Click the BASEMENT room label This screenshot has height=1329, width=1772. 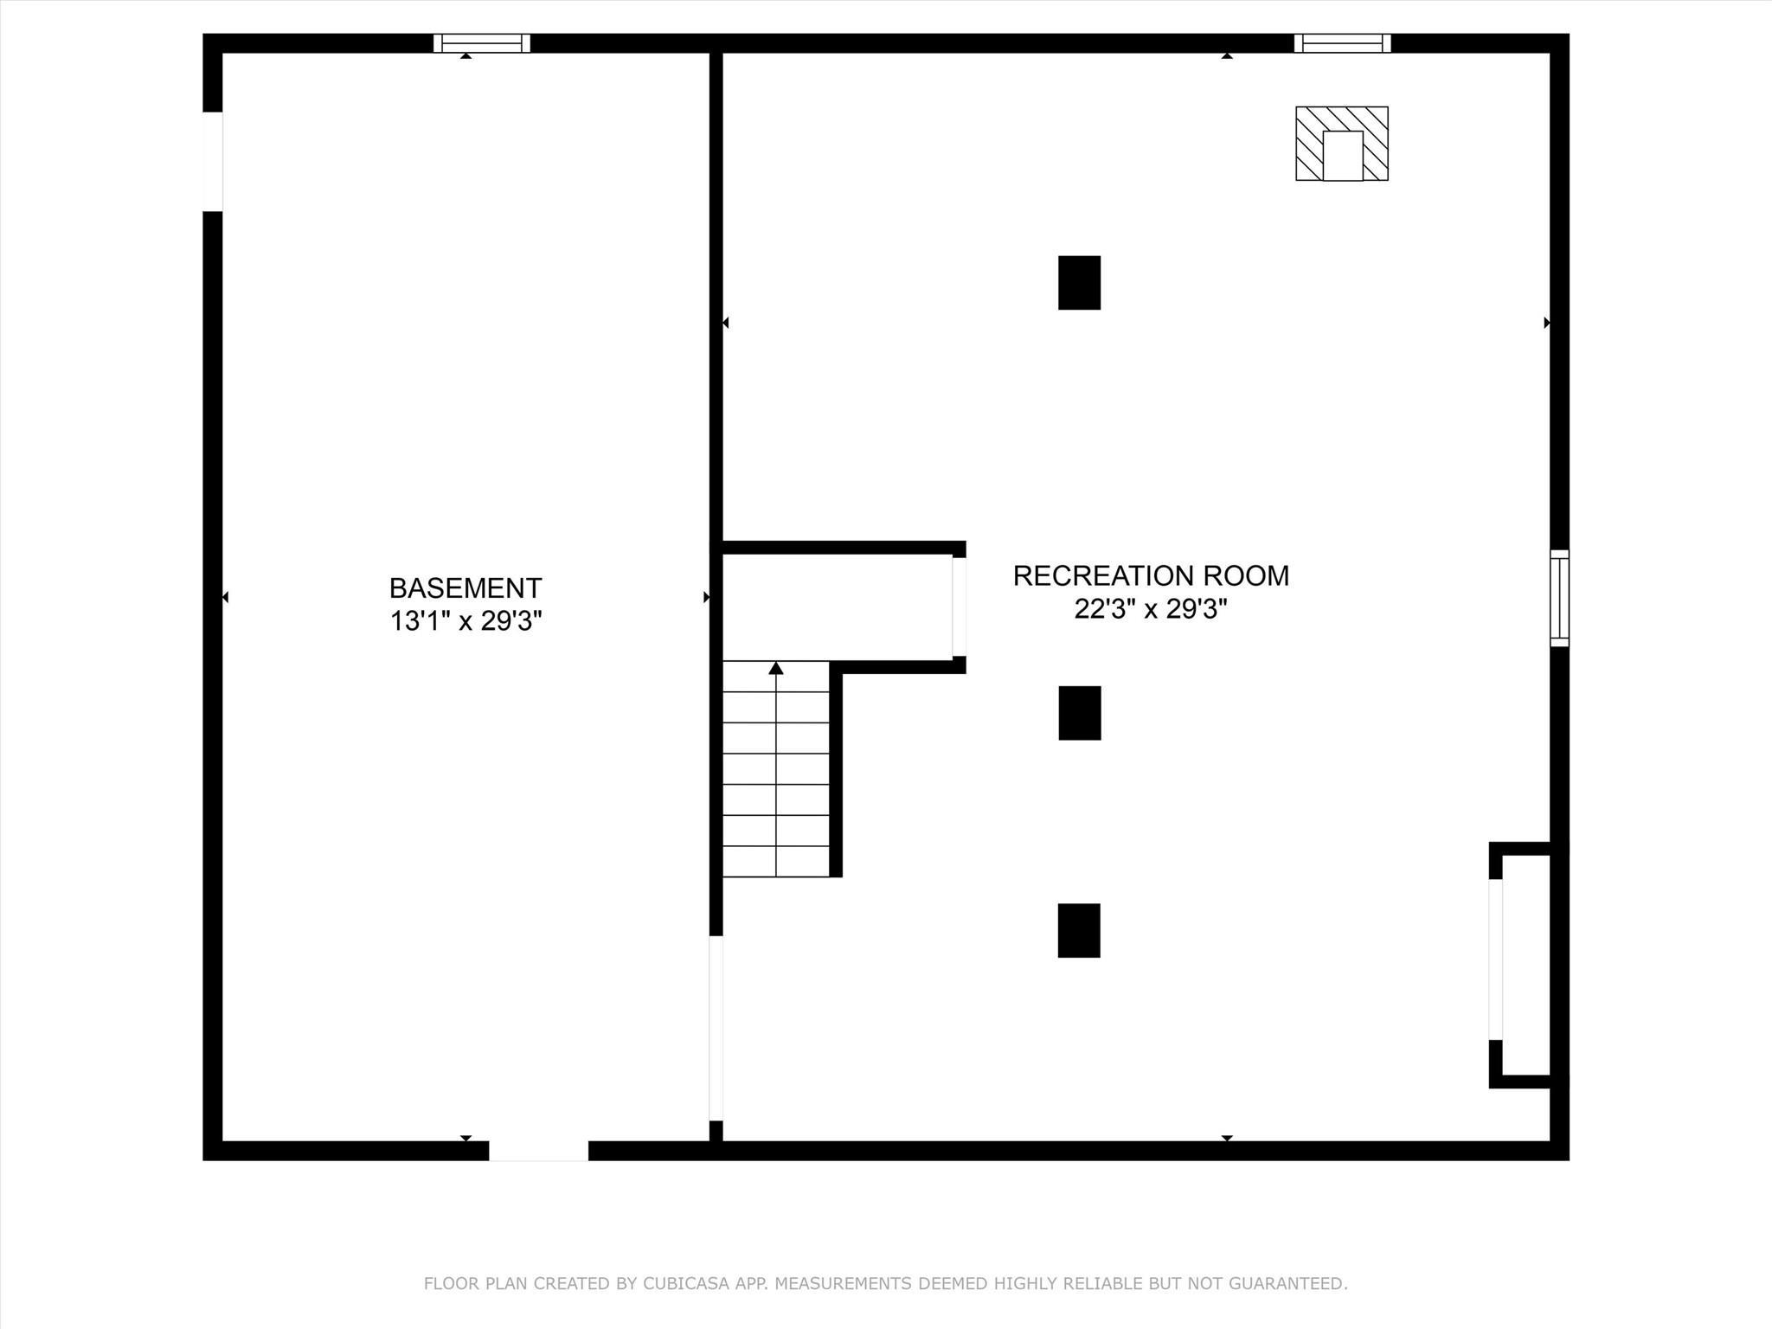pos(465,588)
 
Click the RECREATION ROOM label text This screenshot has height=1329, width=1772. pos(1151,576)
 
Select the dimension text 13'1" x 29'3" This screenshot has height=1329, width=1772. pos(465,621)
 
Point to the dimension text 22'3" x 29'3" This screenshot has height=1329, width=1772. pos(1151,609)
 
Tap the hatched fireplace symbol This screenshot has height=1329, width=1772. pos(1341,144)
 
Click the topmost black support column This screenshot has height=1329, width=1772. pos(1079,283)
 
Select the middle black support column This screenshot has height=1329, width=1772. pos(1079,713)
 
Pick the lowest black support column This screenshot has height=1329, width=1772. pos(1079,930)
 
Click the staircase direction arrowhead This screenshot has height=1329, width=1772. pos(776,668)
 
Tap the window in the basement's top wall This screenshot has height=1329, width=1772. pos(482,43)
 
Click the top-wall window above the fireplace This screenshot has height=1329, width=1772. pos(1342,43)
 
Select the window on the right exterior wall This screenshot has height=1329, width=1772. pos(1559,598)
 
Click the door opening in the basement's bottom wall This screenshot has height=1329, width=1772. pos(538,1151)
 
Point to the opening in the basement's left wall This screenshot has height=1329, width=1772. pos(213,162)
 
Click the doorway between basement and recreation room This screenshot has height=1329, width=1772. pos(716,1028)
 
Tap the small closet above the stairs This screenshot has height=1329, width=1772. pos(838,607)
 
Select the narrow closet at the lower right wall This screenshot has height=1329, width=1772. pos(1525,965)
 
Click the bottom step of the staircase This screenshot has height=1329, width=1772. pos(776,862)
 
